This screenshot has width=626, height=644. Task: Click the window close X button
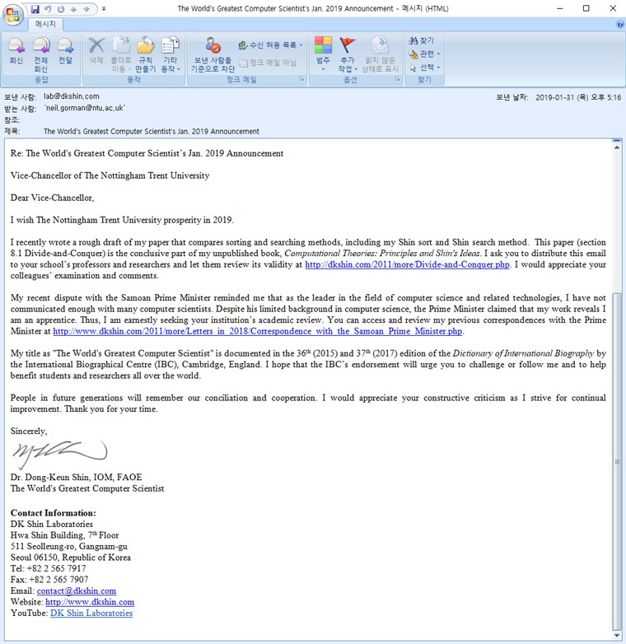point(610,8)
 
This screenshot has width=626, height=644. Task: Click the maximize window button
point(586,8)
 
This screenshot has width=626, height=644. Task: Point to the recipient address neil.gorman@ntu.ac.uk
point(85,108)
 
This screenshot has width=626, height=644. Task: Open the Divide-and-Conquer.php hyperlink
point(408,264)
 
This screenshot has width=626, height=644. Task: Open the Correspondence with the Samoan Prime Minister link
point(258,331)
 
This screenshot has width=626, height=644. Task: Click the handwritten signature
point(58,453)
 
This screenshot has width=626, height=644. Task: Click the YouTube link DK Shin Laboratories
point(91,613)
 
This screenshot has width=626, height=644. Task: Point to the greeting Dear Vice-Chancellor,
point(52,198)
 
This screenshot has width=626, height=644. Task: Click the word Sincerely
point(29,431)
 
